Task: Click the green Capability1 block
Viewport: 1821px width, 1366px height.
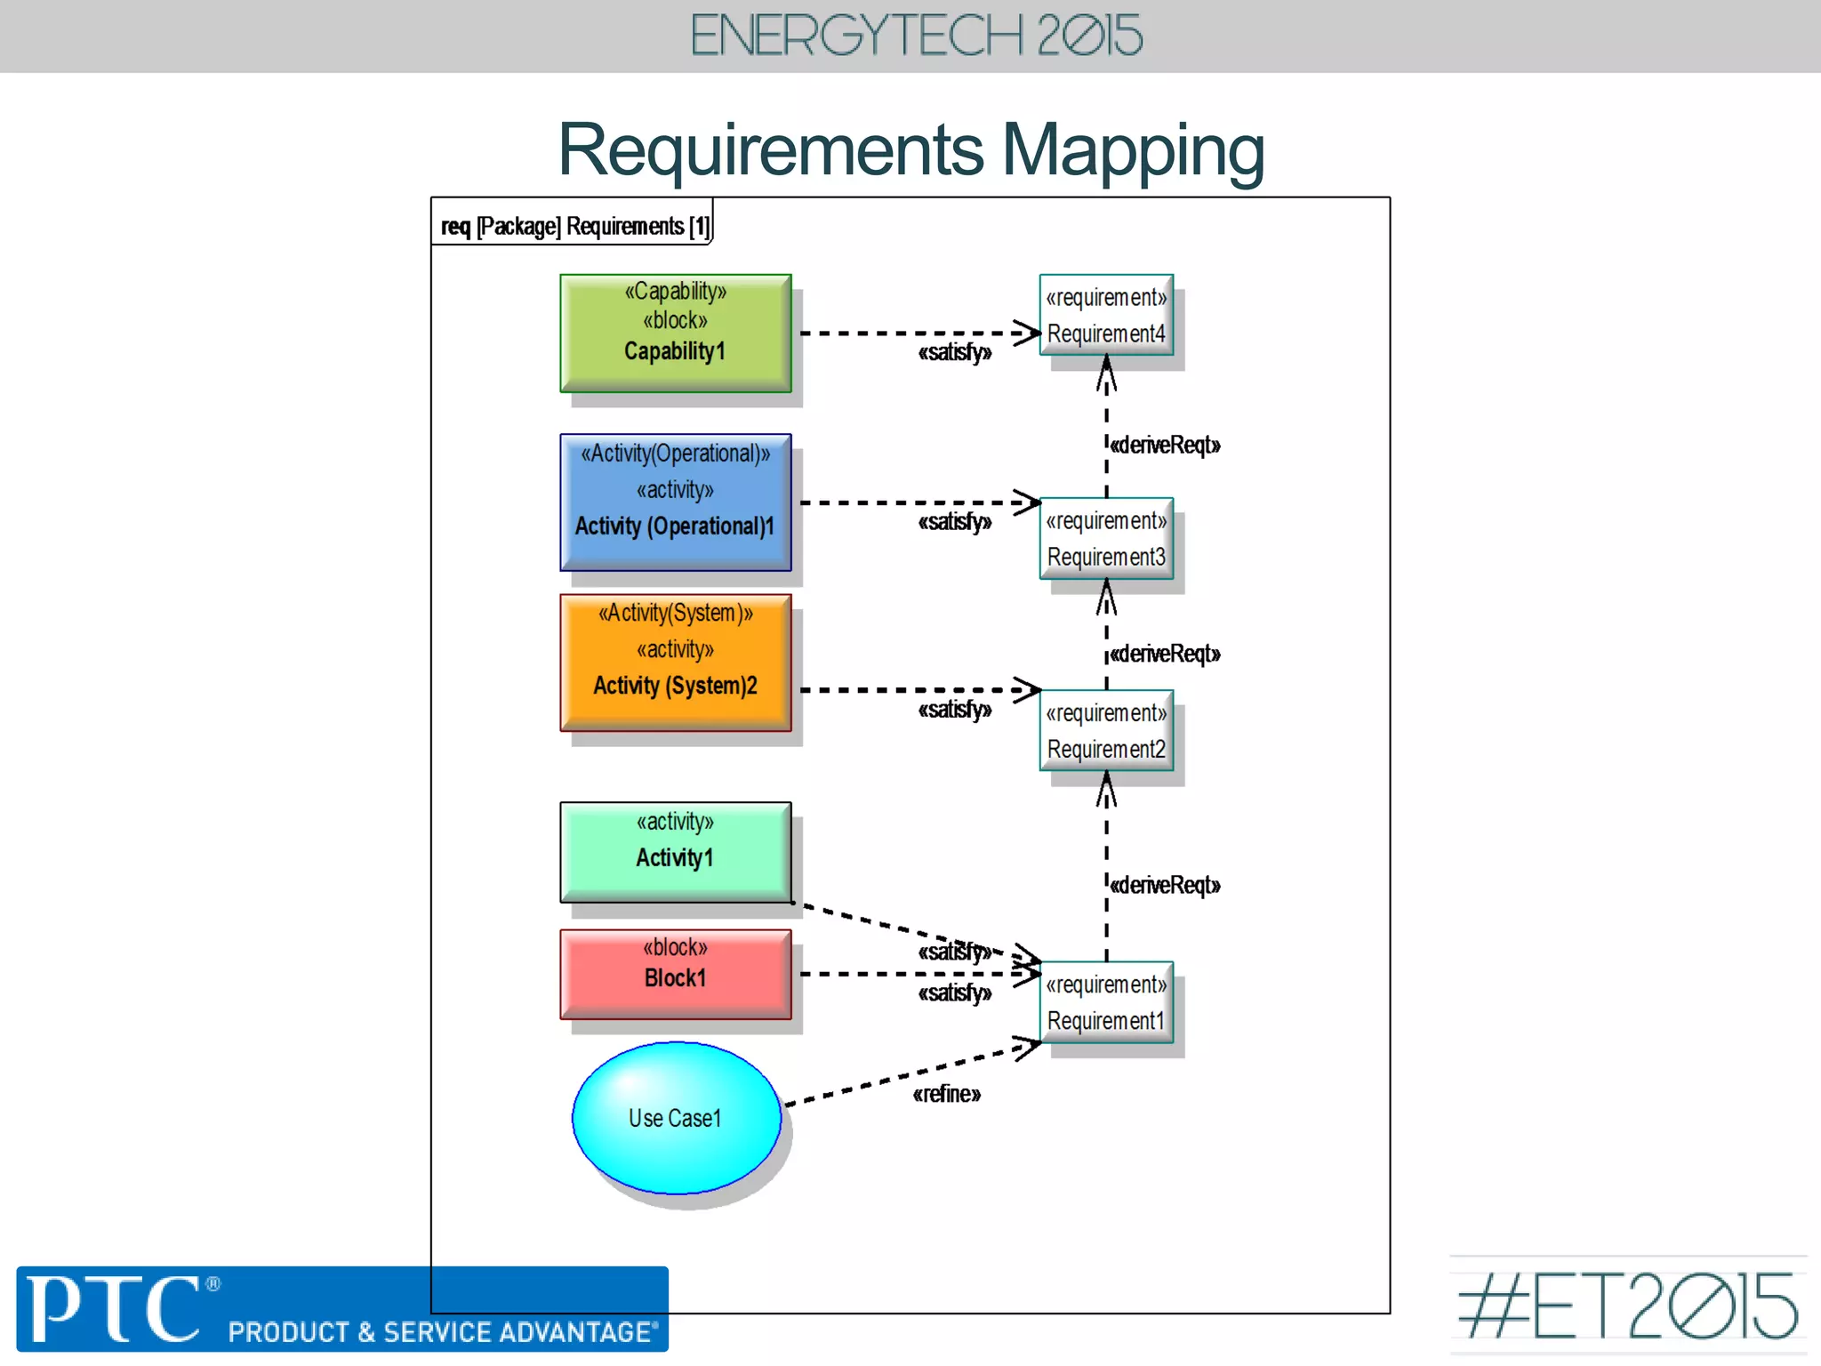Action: point(675,333)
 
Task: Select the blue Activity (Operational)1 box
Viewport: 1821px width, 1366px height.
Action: point(675,502)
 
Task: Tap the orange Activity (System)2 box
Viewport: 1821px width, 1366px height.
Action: point(675,662)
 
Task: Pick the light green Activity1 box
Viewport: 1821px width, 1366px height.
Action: point(675,851)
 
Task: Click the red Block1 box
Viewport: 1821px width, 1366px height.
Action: point(675,973)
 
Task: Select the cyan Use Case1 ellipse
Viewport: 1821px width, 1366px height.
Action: point(676,1117)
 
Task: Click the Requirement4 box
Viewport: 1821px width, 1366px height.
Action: point(1106,315)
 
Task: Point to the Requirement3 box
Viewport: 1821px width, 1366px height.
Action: point(1106,538)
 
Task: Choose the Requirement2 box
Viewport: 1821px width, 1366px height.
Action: point(1106,730)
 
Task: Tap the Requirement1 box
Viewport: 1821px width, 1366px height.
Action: point(1106,1002)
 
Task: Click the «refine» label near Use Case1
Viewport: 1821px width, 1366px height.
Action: point(946,1094)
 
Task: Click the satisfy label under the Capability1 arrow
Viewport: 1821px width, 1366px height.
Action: point(954,353)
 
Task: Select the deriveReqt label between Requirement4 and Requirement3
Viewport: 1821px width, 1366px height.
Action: point(1165,445)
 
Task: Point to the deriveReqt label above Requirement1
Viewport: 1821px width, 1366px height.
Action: point(1165,885)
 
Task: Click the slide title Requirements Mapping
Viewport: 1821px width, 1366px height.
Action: point(910,149)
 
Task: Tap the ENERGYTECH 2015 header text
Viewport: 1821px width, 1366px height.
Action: point(916,36)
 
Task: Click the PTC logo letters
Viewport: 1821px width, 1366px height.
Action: point(114,1308)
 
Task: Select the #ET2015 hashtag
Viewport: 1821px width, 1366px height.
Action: point(1626,1306)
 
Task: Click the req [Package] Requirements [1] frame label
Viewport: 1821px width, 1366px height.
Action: point(575,227)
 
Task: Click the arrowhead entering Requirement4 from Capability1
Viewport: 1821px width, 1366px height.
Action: point(1029,333)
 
